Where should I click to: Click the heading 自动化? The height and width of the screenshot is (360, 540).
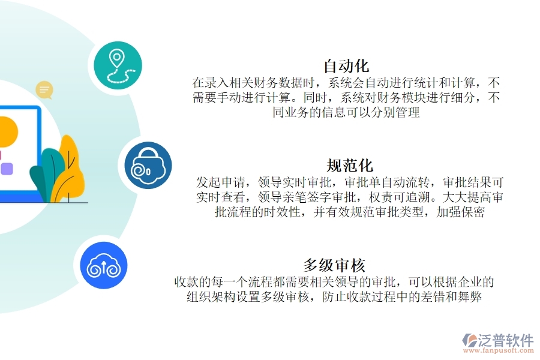(x=346, y=65)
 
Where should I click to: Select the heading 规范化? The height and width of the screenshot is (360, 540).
(x=350, y=165)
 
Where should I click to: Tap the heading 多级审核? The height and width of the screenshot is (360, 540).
(x=334, y=265)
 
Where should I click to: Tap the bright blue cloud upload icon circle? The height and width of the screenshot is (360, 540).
(x=104, y=265)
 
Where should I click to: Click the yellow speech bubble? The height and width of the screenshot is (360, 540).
(x=44, y=91)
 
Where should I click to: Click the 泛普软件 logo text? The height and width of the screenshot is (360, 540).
(x=506, y=340)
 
